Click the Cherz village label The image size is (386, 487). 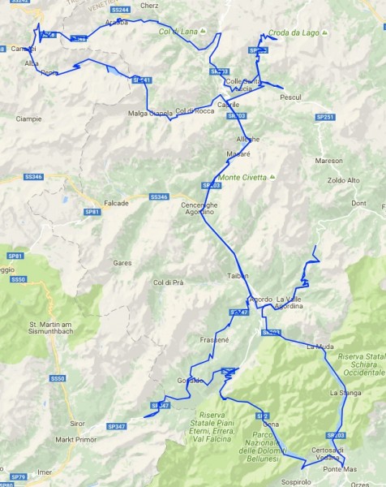(x=148, y=5)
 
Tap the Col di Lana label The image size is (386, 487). (x=178, y=32)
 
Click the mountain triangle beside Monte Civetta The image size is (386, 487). (x=273, y=177)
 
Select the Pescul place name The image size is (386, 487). (x=289, y=97)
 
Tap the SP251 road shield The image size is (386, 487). (x=325, y=118)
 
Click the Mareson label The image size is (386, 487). (x=329, y=161)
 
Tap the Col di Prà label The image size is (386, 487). (x=169, y=282)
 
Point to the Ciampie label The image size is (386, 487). (x=28, y=119)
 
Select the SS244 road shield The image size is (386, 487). (x=119, y=10)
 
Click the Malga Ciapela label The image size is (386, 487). (x=150, y=113)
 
